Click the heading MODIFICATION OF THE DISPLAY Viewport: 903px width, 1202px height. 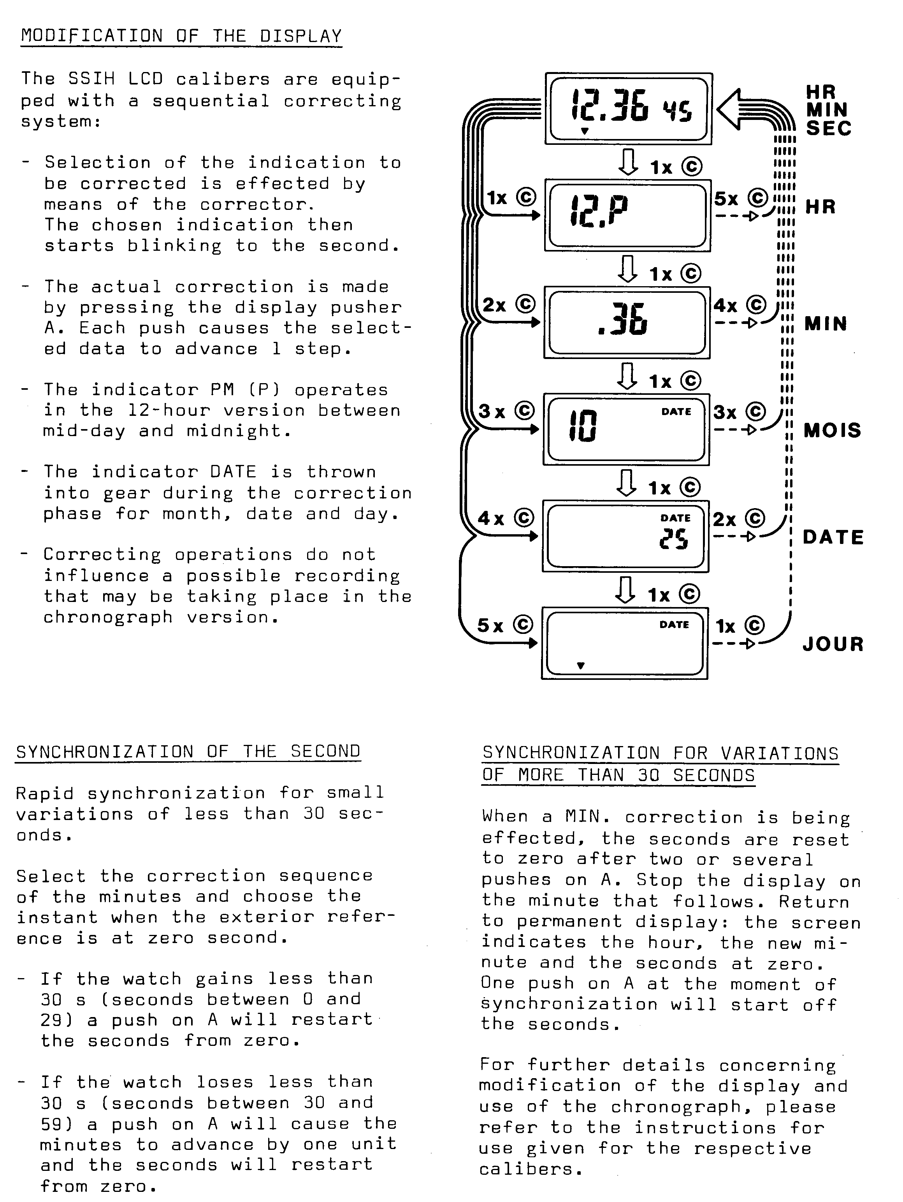[181, 36]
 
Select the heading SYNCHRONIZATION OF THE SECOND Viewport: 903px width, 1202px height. [188, 751]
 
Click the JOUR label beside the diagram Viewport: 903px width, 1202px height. [833, 644]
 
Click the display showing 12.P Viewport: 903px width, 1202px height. [627, 215]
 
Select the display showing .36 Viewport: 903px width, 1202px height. [626, 322]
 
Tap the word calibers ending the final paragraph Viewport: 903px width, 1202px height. [526, 1169]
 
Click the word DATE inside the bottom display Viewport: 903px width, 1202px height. [674, 625]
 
